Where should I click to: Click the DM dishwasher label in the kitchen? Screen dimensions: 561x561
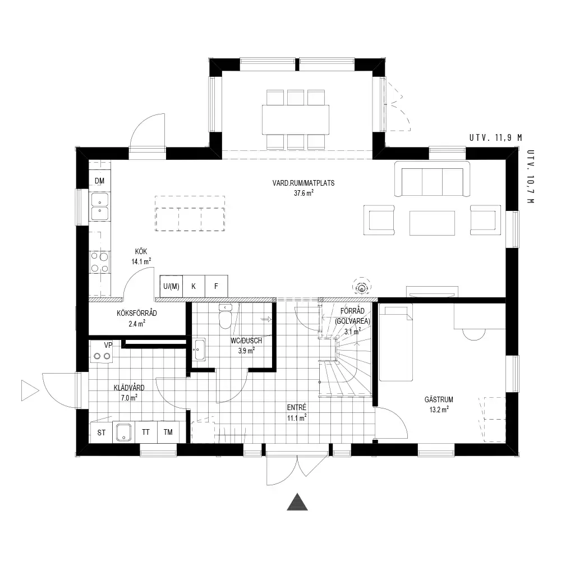pos(99,181)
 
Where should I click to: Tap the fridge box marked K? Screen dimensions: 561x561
pos(194,286)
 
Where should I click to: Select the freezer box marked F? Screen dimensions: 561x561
pos(216,286)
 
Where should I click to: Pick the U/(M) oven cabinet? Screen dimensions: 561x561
pos(171,286)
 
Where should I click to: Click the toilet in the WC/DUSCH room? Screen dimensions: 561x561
pos(226,316)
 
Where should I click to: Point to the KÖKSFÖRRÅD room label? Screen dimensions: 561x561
pos(137,314)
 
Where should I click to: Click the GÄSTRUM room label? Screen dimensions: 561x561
pos(439,399)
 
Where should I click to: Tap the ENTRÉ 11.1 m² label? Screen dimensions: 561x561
pos(297,412)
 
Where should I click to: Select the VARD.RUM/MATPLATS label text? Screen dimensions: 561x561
pos(304,183)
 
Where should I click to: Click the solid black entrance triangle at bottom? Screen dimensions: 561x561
pos(297,502)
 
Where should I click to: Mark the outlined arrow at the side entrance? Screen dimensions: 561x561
pos(30,390)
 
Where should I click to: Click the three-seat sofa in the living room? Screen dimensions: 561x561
pos(432,179)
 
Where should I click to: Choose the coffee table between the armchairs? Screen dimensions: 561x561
pos(432,223)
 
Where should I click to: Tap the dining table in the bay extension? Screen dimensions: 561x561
pos(296,119)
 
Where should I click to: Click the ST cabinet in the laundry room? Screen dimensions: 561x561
pos(101,432)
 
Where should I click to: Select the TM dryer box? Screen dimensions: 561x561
pos(168,432)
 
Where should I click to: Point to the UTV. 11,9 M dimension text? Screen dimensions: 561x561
pos(495,138)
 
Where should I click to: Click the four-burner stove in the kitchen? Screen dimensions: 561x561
pos(99,262)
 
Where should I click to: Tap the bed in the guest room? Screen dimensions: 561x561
pos(396,343)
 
